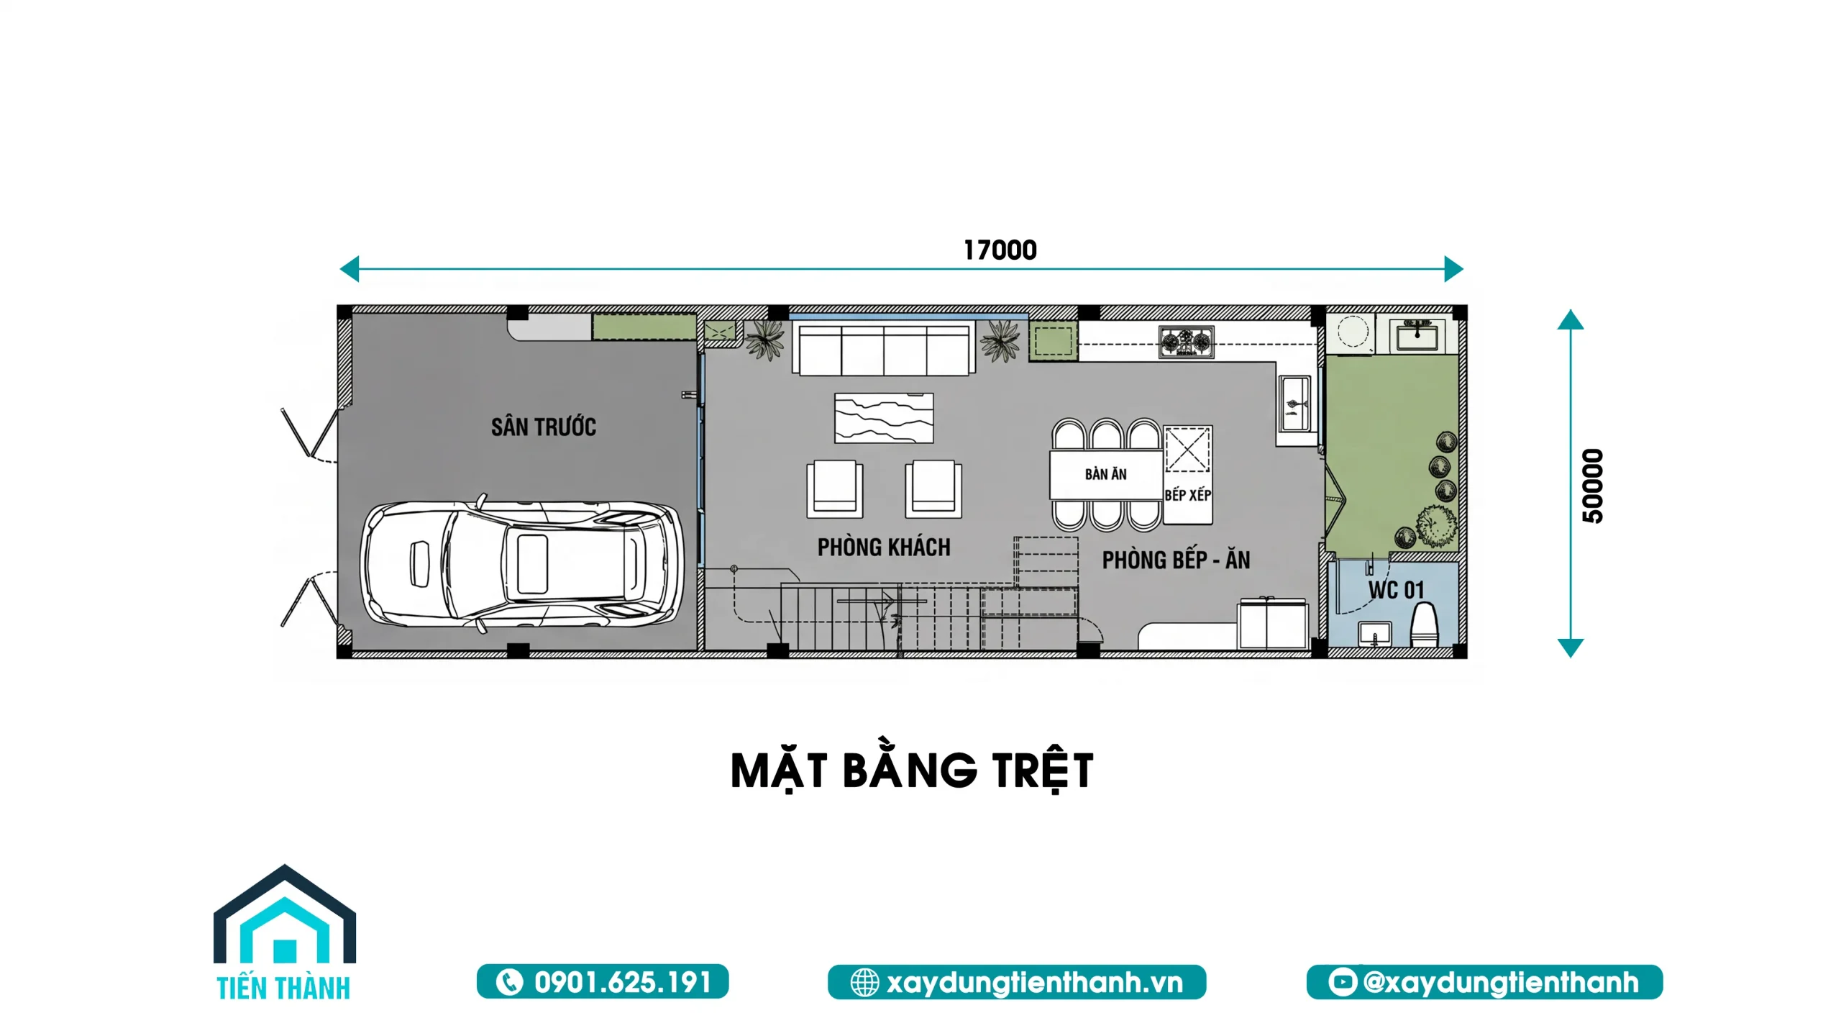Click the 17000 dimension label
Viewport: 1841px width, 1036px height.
tap(1000, 250)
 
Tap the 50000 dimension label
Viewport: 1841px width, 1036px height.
tap(1593, 486)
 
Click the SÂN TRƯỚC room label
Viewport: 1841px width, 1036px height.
tap(544, 427)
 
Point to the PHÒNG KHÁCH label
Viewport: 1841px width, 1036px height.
tap(884, 547)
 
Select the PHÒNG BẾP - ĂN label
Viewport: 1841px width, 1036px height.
tap(1176, 560)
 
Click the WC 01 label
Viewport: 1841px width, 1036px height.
tap(1396, 590)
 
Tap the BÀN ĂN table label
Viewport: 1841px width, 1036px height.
tap(1106, 474)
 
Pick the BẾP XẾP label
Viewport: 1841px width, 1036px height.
tap(1188, 495)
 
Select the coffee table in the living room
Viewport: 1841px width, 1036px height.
tap(884, 418)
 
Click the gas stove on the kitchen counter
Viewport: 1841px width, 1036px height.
tap(1186, 342)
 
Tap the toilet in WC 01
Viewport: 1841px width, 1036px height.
tap(1423, 624)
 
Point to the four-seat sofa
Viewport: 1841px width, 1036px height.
tap(884, 349)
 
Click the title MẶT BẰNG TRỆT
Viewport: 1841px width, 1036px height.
tap(912, 771)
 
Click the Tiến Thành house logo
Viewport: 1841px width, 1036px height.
tap(285, 932)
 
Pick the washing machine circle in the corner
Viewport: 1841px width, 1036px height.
tap(1351, 332)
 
